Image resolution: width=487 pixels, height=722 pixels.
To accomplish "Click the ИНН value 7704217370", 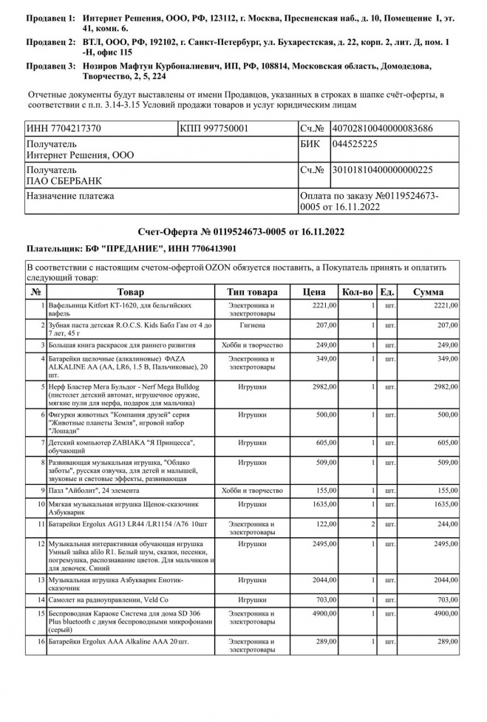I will [64, 129].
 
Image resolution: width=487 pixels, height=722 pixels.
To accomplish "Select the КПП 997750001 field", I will [214, 129].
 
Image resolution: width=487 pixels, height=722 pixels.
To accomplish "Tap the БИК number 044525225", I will [355, 143].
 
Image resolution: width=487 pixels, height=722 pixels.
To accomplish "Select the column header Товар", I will [131, 292].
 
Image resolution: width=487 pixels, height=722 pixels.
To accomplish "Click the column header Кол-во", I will [358, 292].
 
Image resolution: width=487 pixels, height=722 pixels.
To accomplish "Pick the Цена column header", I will [313, 292].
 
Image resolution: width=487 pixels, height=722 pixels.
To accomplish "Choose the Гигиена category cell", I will [253, 325].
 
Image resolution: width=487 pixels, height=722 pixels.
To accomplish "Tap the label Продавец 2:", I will [50, 43].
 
